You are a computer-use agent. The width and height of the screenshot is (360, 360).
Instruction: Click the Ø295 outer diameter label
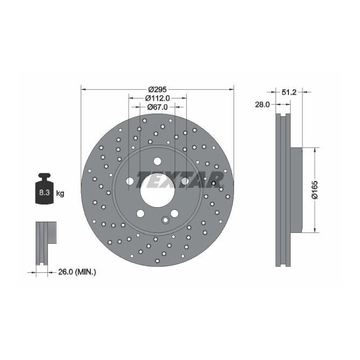click(158, 89)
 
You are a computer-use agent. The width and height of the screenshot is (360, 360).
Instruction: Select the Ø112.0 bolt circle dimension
click(158, 98)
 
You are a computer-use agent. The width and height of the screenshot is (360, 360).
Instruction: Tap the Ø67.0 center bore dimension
click(158, 107)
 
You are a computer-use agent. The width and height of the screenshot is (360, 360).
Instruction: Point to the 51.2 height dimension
click(290, 92)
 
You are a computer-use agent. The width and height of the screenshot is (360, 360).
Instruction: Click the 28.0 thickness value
click(262, 105)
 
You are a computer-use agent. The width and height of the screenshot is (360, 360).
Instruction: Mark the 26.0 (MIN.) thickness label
click(76, 272)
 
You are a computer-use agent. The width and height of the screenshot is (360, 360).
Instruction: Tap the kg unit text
click(60, 193)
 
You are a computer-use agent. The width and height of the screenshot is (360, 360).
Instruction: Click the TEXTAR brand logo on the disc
click(180, 179)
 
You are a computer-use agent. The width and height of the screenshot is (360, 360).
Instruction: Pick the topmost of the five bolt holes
click(157, 160)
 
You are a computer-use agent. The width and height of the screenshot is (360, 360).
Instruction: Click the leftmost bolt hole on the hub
click(130, 181)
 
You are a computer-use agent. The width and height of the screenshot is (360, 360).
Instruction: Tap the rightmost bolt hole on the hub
click(185, 181)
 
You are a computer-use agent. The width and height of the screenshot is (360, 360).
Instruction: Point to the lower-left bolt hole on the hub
click(140, 213)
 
